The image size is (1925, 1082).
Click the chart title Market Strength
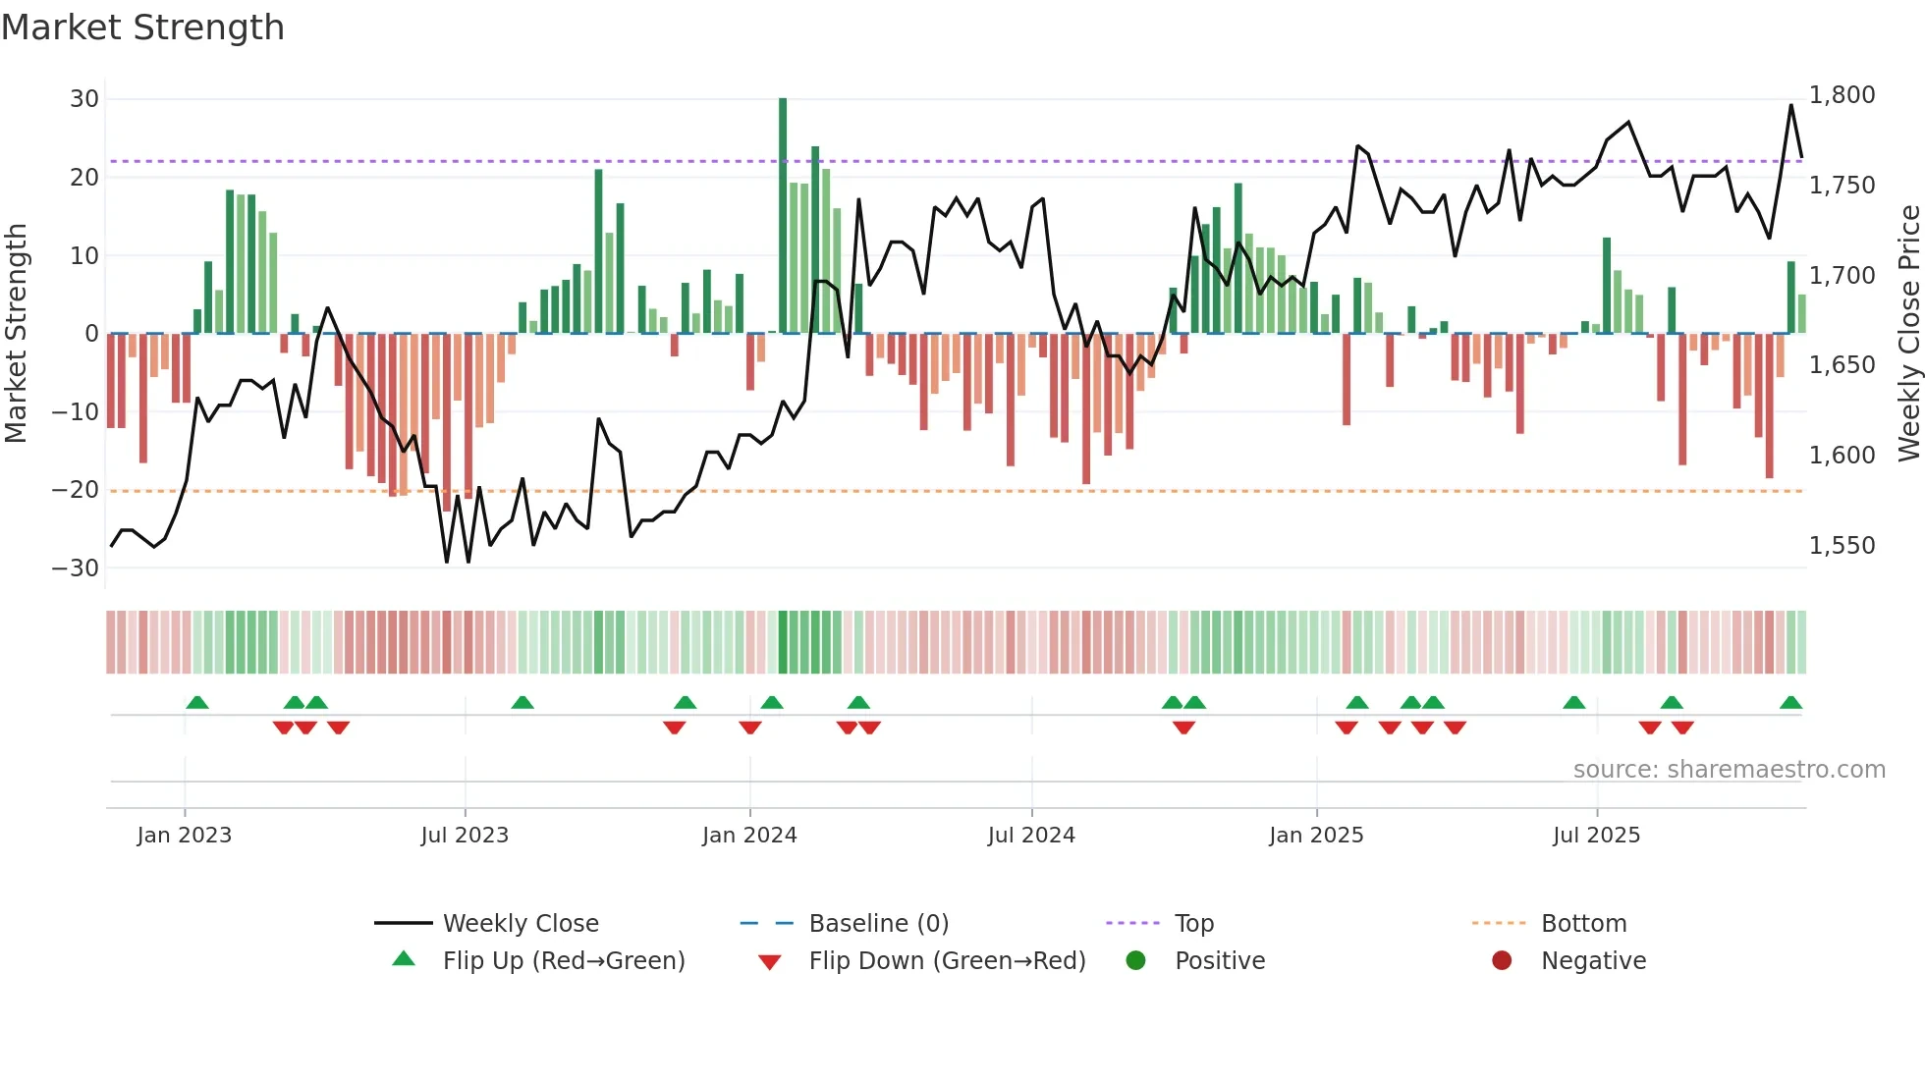[x=142, y=27]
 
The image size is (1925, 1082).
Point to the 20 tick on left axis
[x=84, y=178]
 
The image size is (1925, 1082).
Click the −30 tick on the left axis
[x=76, y=568]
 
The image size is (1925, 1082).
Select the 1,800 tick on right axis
[x=1842, y=95]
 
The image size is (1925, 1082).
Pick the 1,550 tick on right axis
[x=1842, y=546]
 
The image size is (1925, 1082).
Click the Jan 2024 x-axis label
[x=749, y=836]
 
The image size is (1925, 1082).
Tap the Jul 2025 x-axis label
[x=1596, y=836]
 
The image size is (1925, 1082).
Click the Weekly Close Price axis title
[x=1908, y=334]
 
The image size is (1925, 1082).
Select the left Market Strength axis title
[x=16, y=334]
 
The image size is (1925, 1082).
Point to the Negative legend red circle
[x=1502, y=961]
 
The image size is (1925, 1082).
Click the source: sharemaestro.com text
[x=1729, y=770]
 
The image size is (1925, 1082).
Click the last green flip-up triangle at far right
[x=1790, y=703]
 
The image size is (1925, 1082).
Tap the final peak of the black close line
[x=1790, y=105]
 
